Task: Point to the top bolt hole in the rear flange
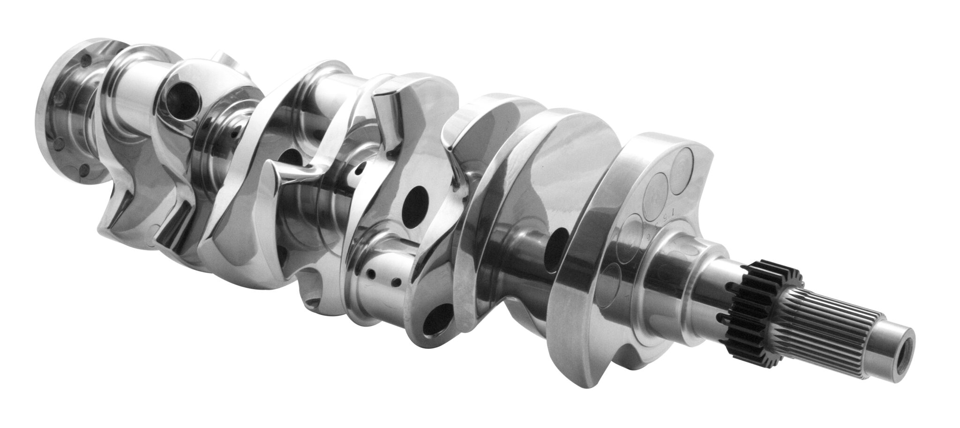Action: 85,60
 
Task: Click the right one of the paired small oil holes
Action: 397,281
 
